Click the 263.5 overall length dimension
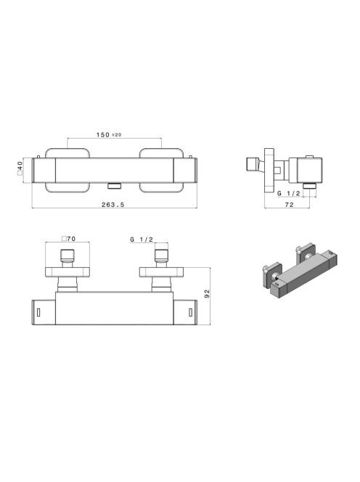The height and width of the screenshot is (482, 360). (112, 205)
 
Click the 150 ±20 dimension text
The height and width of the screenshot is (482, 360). (109, 134)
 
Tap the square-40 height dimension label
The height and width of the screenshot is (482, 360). (20, 168)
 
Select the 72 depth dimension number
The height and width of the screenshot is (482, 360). (290, 205)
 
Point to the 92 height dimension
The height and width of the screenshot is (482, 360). (207, 293)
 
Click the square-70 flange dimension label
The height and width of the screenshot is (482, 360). (68, 239)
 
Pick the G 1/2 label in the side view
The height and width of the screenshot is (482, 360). (289, 193)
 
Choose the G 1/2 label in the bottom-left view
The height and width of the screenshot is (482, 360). (142, 240)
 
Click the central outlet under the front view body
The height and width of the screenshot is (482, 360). (115, 185)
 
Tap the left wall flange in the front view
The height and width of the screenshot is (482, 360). (67, 171)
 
